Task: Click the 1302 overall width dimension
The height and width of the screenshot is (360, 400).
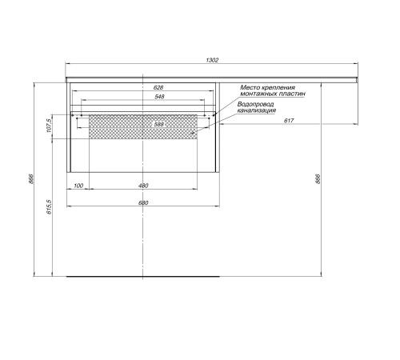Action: click(x=212, y=60)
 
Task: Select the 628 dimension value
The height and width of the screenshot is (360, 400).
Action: click(x=158, y=87)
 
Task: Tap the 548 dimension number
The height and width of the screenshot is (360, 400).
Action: click(x=159, y=96)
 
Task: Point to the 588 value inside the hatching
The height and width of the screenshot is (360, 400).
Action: click(x=159, y=124)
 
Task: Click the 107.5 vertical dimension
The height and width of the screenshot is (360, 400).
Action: click(x=49, y=126)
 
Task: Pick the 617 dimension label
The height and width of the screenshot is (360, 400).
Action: click(x=289, y=121)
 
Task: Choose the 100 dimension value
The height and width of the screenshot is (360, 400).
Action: click(x=78, y=186)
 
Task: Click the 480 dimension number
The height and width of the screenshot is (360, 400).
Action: click(x=143, y=186)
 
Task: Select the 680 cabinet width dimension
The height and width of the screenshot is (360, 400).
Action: click(x=143, y=202)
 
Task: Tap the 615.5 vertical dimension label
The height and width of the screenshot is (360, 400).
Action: click(x=49, y=207)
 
